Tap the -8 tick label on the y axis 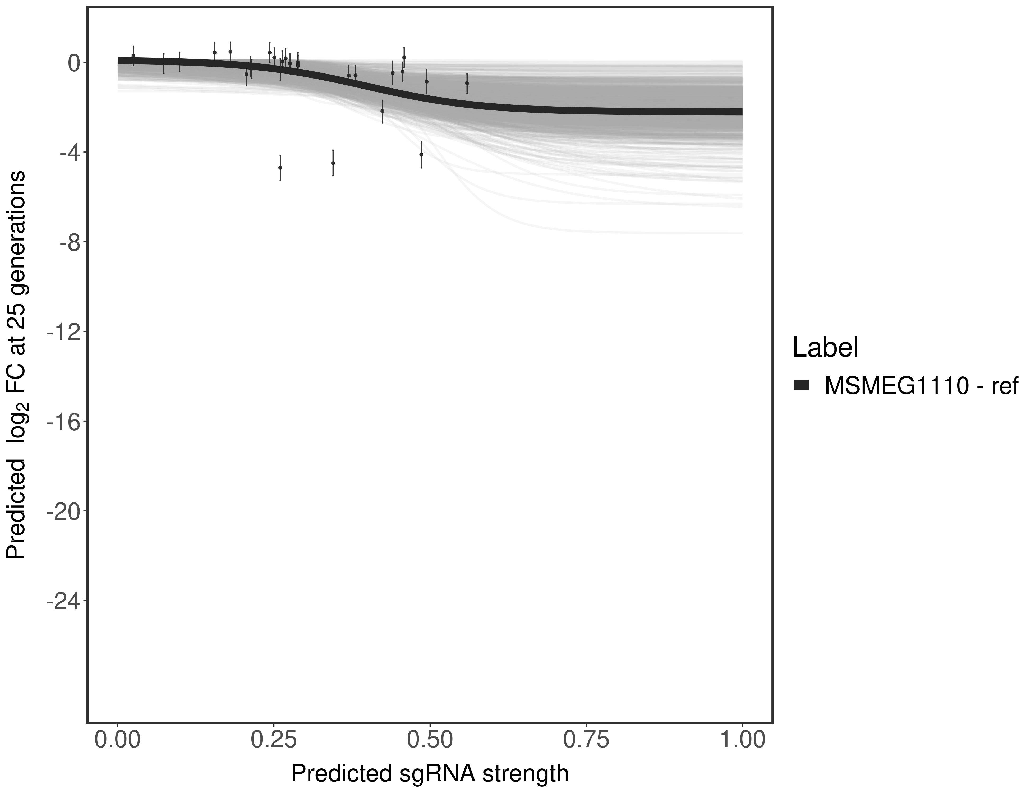click(x=68, y=242)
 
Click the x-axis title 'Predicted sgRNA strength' click(x=430, y=774)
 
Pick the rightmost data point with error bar click(x=467, y=83)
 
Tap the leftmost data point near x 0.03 click(x=133, y=56)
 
